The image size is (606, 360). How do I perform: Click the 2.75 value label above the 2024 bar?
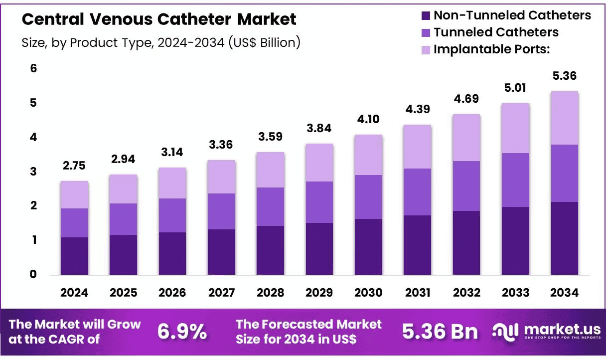74,166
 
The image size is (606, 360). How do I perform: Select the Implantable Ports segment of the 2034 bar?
565,118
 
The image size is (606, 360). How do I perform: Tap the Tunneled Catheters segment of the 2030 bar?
368,197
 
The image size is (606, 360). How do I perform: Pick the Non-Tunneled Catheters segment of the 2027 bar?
222,252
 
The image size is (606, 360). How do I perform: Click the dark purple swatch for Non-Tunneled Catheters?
426,15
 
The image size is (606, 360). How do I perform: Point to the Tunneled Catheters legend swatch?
426,33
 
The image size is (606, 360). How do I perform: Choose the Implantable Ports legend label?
492,49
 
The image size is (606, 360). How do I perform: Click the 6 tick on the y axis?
33,68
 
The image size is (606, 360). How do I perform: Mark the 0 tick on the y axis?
33,274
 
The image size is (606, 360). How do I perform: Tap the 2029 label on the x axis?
319,293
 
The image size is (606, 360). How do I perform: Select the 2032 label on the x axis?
466,293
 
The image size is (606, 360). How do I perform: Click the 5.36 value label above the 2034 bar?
565,76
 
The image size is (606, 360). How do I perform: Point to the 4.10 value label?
368,119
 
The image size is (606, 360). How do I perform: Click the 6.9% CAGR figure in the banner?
182,332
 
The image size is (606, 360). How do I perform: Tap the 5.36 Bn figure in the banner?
440,332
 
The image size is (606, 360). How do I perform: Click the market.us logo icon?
505,332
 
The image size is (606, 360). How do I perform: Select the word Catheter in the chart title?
194,19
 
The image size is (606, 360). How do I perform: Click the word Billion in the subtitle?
278,43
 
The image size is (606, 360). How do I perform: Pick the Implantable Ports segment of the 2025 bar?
124,189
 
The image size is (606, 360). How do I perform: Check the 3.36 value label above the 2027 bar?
221,145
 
